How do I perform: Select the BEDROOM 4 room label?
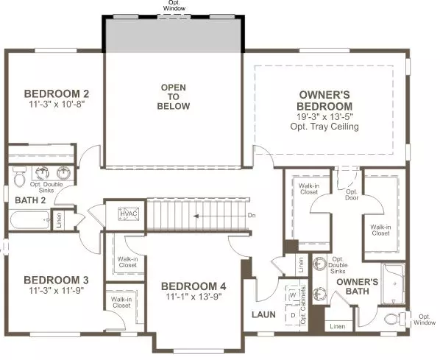[x=194, y=286]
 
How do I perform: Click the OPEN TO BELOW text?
[x=174, y=96]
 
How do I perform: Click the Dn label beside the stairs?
[x=251, y=216]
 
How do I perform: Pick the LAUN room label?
[x=263, y=314]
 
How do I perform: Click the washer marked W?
[x=293, y=295]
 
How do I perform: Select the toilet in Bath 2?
[x=21, y=177]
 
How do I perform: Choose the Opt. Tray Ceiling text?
[x=324, y=127]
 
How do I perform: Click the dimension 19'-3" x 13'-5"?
[x=324, y=116]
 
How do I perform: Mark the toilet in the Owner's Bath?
[x=392, y=320]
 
